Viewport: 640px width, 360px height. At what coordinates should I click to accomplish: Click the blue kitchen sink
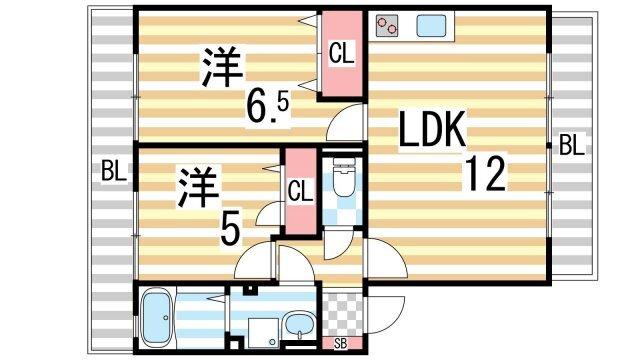click(431, 26)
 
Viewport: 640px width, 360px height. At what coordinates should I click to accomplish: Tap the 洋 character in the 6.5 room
click(223, 67)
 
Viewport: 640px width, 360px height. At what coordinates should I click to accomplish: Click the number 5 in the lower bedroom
click(229, 232)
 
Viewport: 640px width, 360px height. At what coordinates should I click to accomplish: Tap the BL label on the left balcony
click(113, 171)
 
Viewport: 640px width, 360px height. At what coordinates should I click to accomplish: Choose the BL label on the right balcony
click(571, 146)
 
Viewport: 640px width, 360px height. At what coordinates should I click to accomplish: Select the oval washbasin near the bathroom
click(297, 325)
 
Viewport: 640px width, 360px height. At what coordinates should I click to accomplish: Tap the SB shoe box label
click(342, 345)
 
